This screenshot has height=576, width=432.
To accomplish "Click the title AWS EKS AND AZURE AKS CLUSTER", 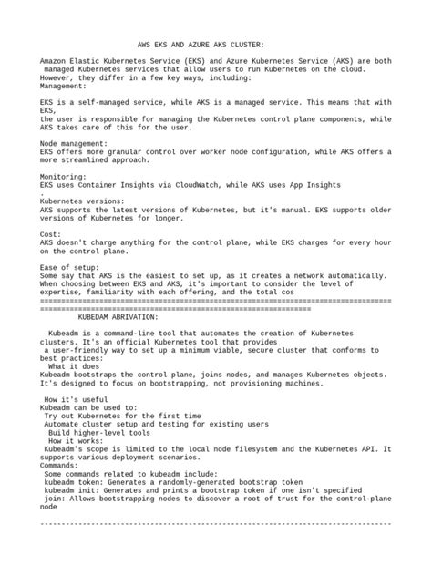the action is pyautogui.click(x=201, y=44).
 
